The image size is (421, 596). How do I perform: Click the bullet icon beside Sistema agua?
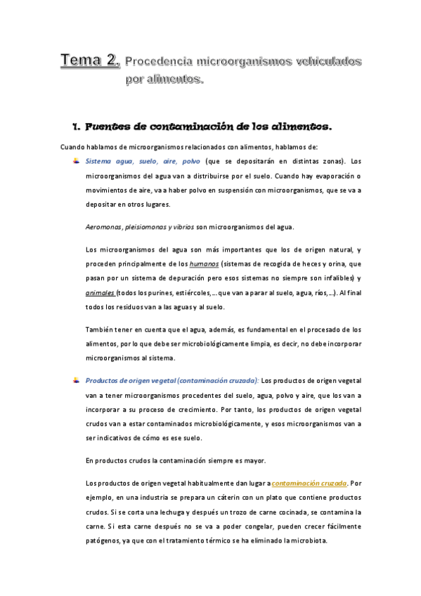click(76, 160)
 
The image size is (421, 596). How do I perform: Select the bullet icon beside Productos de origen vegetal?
click(76, 380)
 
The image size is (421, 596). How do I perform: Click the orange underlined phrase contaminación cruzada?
click(309, 484)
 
